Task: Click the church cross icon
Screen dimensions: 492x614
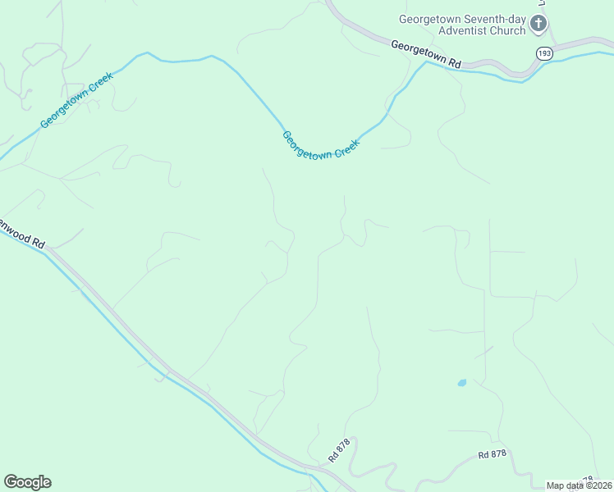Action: [538, 24]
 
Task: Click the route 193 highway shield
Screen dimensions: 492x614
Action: [544, 52]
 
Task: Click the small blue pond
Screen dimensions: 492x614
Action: [461, 382]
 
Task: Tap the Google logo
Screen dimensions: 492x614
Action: [27, 482]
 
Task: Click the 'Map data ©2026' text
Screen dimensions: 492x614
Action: [579, 485]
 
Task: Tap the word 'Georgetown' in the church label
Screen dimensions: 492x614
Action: [428, 19]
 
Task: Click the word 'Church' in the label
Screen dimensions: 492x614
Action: [507, 31]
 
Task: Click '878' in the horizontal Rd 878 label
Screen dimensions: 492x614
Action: [502, 454]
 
